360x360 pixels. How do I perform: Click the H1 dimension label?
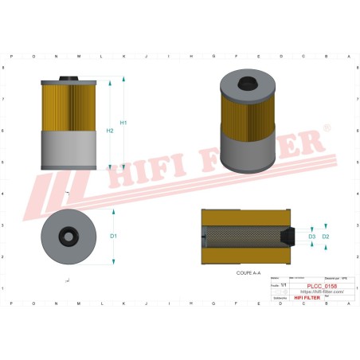coord(123,123)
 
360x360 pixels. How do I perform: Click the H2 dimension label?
coord(110,130)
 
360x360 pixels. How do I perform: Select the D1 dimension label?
coord(114,237)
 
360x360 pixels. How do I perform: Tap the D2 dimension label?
coord(326,237)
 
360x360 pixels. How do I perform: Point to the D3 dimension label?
coord(311,237)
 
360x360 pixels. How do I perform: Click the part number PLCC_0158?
coord(323,286)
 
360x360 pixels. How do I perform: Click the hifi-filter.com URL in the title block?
coord(323,292)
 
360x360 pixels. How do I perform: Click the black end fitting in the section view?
coord(288,237)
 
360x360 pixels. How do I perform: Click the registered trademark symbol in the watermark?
coord(325,127)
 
